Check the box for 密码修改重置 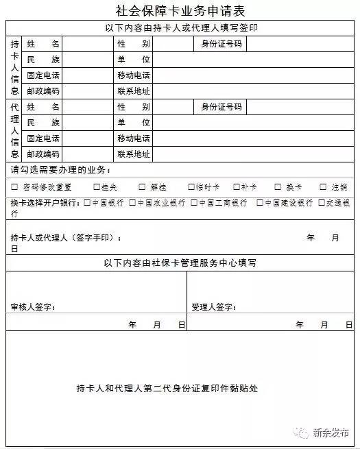(14, 186)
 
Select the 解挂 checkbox (143, 186)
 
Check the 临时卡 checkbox (189, 186)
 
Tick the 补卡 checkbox (236, 186)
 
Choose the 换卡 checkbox (278, 186)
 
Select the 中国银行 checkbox (86, 203)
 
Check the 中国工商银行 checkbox (194, 203)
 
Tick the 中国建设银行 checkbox (260, 203)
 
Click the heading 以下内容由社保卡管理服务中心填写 (181, 263)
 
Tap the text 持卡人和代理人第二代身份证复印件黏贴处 (167, 388)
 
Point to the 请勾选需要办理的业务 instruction (60, 169)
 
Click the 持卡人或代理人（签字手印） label (66, 238)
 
